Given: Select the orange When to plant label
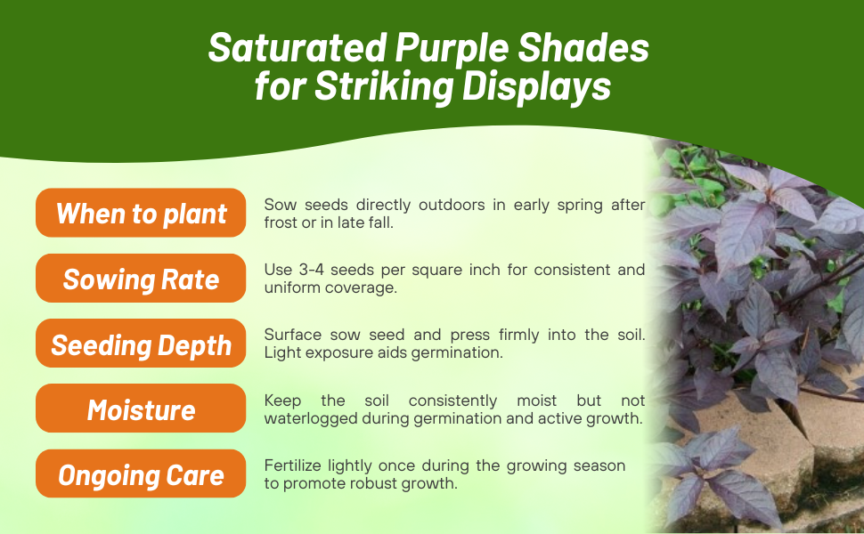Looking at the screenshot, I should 141,214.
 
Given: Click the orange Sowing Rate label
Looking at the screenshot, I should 141,279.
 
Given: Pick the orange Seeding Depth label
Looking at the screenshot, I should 141,345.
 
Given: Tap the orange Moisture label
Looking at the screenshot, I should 141,410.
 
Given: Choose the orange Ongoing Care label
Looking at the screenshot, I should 141,475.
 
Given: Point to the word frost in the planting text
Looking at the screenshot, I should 282,223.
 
